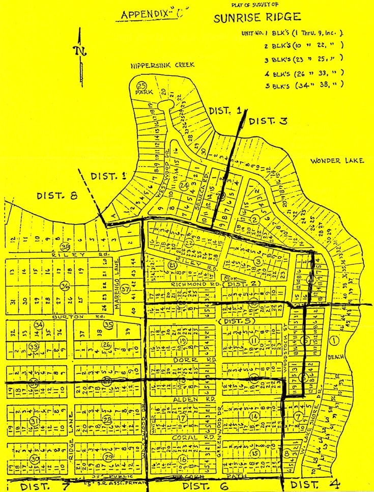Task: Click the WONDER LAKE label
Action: pyautogui.click(x=337, y=161)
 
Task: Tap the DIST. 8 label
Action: pyautogui.click(x=56, y=196)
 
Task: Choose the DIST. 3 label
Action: pyautogui.click(x=268, y=121)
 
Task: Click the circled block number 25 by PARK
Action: pyautogui.click(x=142, y=85)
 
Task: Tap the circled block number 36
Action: pyautogui.click(x=64, y=286)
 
